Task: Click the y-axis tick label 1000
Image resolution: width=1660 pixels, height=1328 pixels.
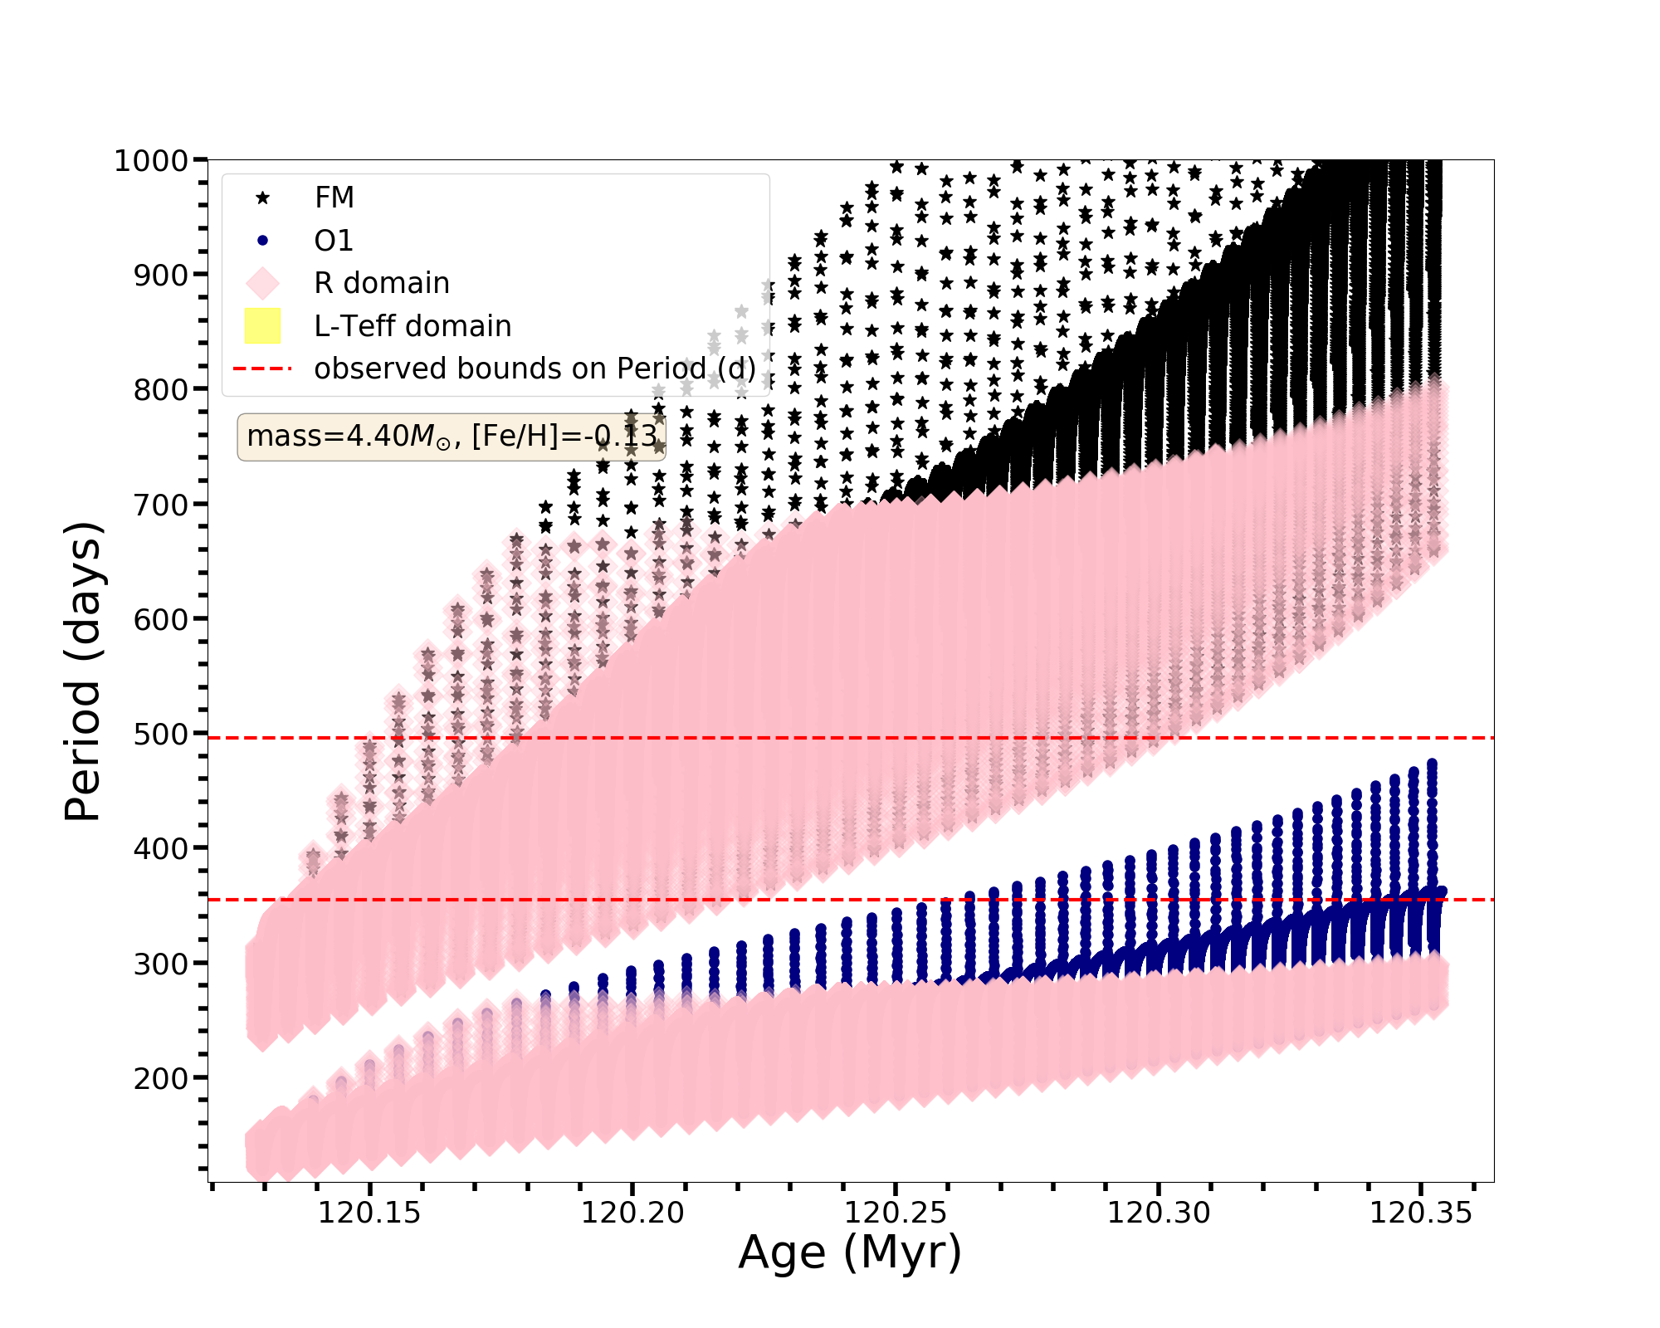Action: coord(152,161)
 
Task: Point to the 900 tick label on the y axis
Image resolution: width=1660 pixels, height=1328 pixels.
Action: coord(161,275)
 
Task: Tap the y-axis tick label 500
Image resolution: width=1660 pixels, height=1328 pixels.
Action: coord(161,735)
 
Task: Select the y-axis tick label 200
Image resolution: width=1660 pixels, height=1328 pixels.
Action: coord(161,1079)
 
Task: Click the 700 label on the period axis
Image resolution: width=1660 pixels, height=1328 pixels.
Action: coord(161,505)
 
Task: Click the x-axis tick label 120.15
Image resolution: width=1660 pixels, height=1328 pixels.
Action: coord(369,1213)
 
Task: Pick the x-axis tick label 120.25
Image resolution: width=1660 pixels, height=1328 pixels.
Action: coord(895,1213)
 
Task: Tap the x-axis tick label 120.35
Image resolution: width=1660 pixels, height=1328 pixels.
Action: coord(1420,1213)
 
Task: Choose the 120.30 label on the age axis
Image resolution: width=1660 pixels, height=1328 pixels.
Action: coord(1158,1213)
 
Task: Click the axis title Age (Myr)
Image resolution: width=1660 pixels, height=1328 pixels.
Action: coord(850,1252)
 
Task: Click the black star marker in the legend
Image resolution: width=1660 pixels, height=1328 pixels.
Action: coord(262,198)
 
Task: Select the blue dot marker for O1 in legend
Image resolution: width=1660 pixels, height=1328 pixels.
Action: coord(262,241)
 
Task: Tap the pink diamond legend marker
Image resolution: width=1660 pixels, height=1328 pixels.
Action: coord(262,283)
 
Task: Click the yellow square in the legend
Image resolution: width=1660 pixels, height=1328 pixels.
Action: coord(262,326)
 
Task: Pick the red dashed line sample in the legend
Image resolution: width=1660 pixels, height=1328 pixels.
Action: coord(262,369)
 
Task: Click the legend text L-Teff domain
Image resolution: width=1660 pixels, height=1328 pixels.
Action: coord(413,326)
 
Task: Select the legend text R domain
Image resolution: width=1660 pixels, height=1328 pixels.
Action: coord(381,283)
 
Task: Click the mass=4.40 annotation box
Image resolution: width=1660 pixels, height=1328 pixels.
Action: coord(452,437)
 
